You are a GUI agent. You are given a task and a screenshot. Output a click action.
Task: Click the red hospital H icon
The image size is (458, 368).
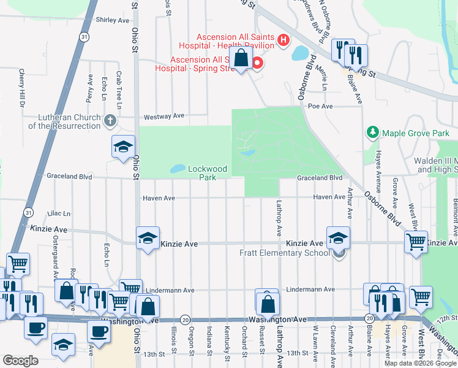[283, 40]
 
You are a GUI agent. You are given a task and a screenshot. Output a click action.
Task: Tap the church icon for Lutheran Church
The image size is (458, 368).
[110, 120]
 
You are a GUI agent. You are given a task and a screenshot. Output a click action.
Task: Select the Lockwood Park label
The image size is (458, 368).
[208, 173]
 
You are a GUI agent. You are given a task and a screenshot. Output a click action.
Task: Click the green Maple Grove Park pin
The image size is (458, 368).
[372, 132]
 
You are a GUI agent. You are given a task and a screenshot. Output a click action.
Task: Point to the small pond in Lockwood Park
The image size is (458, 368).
[177, 168]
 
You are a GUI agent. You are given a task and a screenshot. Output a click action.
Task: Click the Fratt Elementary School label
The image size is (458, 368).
[284, 253]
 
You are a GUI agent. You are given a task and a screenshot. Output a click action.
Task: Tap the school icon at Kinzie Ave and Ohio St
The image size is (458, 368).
[148, 239]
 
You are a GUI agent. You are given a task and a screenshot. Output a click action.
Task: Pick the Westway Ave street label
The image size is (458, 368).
[163, 116]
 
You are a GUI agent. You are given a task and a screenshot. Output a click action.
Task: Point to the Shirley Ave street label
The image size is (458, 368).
[113, 20]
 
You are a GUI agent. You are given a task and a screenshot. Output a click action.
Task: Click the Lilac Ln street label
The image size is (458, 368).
[63, 213]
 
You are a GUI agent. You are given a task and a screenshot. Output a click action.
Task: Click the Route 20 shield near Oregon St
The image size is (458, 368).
[185, 320]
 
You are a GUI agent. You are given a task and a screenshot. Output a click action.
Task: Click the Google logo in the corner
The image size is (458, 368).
[20, 361]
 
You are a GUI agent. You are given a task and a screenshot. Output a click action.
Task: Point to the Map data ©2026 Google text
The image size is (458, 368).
[420, 363]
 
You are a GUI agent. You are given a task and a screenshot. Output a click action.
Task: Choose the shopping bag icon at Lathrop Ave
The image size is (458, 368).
[268, 303]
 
